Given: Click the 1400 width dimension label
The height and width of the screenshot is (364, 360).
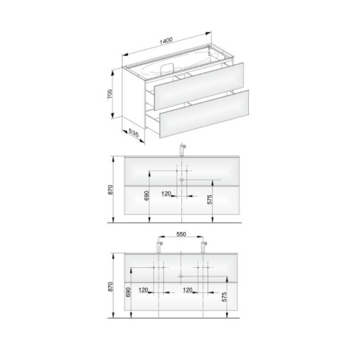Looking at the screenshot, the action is (166, 40).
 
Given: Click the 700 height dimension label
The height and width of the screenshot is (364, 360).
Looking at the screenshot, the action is (110, 94).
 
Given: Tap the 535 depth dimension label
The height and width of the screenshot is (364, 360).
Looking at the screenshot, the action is (133, 133).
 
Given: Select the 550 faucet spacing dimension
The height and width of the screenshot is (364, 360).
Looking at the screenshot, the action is (181, 234).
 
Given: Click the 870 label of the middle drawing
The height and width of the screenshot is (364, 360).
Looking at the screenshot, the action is (110, 190).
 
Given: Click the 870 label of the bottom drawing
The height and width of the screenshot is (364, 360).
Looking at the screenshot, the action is (110, 286).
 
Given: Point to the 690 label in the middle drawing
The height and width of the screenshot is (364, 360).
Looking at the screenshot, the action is (147, 195).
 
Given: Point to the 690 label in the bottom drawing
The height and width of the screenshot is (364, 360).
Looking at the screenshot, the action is (128, 292).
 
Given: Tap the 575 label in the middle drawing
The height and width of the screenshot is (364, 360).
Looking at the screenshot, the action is (210, 200).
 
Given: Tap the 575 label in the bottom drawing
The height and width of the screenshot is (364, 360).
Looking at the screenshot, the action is (224, 297).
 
